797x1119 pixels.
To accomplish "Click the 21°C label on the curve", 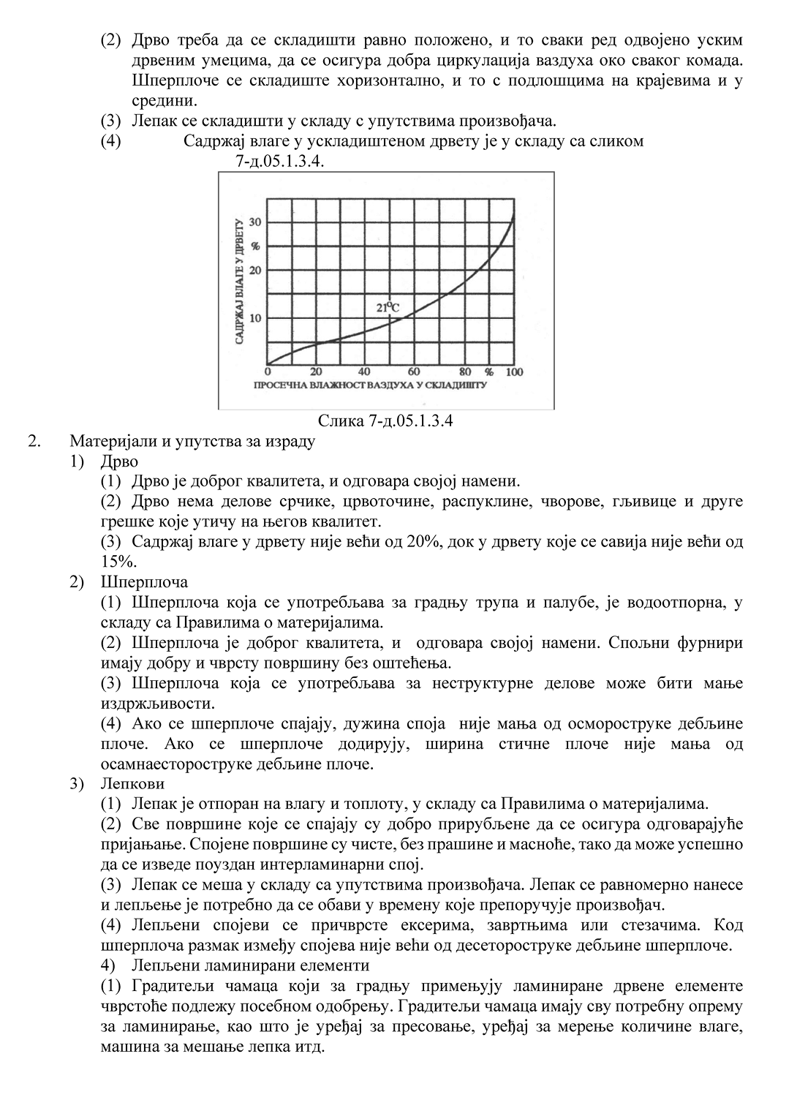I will (x=388, y=308).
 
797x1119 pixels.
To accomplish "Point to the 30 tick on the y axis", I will (x=255, y=222).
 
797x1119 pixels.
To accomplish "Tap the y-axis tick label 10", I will (x=255, y=318).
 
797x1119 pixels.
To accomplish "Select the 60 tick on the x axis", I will (x=413, y=372).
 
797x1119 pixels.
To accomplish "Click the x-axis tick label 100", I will (x=514, y=372).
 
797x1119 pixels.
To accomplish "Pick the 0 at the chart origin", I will (x=268, y=372).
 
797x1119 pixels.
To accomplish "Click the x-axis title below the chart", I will (x=370, y=384).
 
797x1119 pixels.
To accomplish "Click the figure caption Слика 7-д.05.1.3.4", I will (x=385, y=421).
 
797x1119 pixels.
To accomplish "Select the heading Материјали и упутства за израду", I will (x=192, y=442).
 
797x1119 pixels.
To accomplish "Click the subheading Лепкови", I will (x=132, y=784).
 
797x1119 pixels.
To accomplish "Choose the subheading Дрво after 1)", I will (x=119, y=461).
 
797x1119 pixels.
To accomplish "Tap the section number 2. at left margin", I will (x=33, y=442).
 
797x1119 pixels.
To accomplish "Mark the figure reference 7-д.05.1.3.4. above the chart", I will (x=280, y=161).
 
